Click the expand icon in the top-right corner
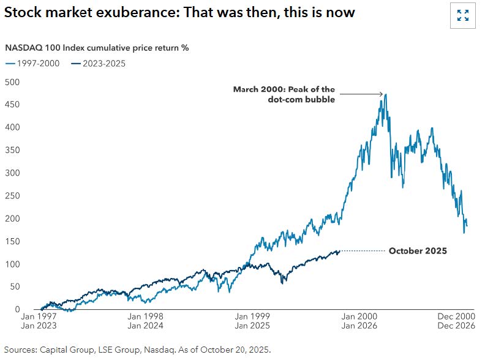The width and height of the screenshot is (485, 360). (463, 15)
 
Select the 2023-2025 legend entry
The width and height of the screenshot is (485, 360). (98, 63)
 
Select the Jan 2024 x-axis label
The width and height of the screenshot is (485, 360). (145, 326)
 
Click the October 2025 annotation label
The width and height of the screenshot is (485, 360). (418, 251)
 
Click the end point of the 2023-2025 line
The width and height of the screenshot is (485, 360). (339, 251)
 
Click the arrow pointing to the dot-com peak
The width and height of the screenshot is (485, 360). (361, 94)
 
